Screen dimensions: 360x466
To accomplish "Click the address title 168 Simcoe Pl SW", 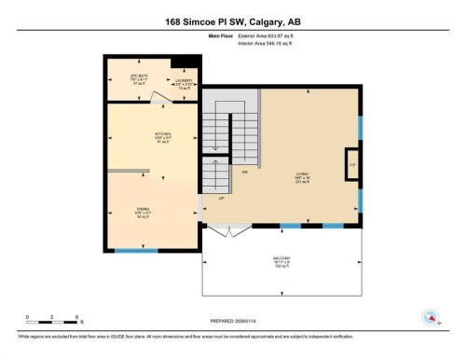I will (232, 21).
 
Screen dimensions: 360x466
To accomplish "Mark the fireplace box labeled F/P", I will (352, 163).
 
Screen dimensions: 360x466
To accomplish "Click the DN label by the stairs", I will (244, 174).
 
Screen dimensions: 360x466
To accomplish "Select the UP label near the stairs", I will (222, 199).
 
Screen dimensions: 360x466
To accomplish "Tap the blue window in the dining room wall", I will (136, 250).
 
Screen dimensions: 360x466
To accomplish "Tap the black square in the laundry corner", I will (187, 62).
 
